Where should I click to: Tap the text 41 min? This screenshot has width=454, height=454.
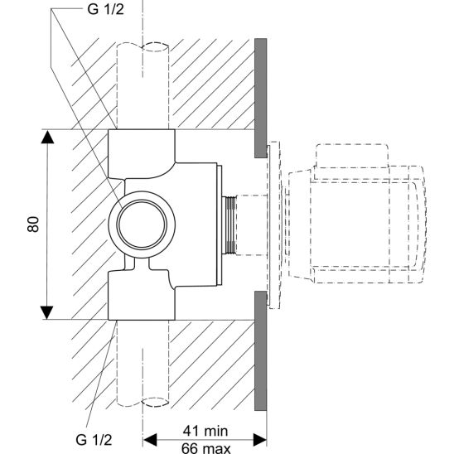tap(205, 430)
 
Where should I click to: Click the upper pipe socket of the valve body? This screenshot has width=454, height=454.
tap(142, 150)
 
